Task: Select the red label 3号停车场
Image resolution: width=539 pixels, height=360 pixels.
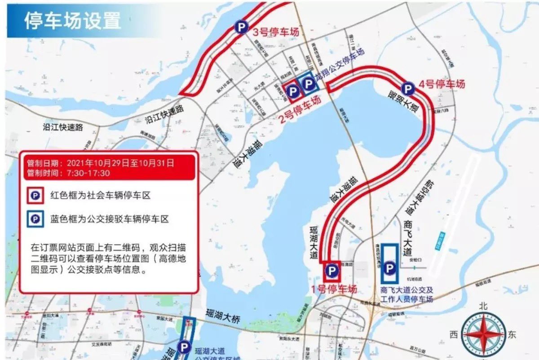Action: coord(275,32)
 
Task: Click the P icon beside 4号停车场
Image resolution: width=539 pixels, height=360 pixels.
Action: coord(408,88)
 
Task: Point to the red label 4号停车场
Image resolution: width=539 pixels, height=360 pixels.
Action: coord(442,84)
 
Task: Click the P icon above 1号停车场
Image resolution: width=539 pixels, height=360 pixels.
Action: coord(332,270)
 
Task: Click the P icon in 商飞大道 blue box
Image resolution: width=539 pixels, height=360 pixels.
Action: coord(389,268)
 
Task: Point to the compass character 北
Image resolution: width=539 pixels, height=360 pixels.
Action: coord(483,306)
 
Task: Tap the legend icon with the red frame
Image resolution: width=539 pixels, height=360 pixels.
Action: coord(35,196)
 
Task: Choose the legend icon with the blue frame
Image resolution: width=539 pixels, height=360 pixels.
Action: coord(35,219)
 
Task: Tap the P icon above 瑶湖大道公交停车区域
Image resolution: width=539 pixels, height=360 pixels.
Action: coord(184,346)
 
